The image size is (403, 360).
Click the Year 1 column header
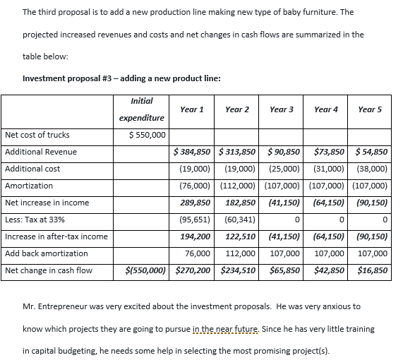click(192, 109)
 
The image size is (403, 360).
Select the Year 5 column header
click(370, 109)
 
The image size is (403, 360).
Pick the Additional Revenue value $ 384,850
click(193, 152)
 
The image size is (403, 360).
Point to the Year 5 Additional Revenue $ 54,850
click(371, 152)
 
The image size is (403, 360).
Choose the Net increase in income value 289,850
click(196, 203)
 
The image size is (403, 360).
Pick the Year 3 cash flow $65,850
click(282, 270)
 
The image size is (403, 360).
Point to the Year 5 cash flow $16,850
click(371, 270)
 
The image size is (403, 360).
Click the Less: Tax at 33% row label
click(32, 220)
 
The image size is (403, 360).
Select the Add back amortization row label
click(47, 253)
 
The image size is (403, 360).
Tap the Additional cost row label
click(32, 169)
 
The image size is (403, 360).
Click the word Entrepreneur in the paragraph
click(66, 306)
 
